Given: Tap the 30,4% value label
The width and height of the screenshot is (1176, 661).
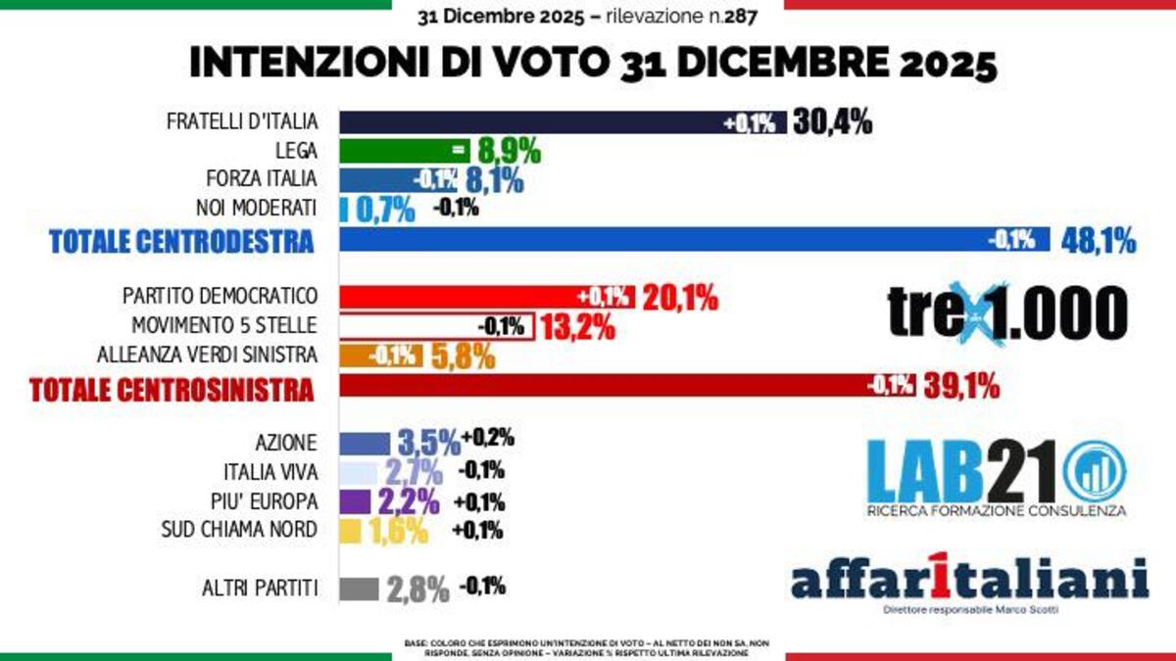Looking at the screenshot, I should coord(832,122).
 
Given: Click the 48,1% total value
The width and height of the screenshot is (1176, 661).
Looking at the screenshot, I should coord(1098,240).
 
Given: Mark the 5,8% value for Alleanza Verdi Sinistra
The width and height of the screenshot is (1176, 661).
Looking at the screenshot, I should coord(460,355).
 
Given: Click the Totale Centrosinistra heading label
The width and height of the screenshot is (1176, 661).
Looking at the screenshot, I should coord(171,389).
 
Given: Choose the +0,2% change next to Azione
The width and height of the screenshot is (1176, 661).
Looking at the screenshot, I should coord(488,438).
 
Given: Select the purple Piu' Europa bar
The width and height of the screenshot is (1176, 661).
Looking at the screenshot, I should coord(355,501).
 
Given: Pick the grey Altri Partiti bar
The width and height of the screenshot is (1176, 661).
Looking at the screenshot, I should coord(359,589).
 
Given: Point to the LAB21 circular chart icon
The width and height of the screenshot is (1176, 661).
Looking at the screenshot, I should coord(1094,469).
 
